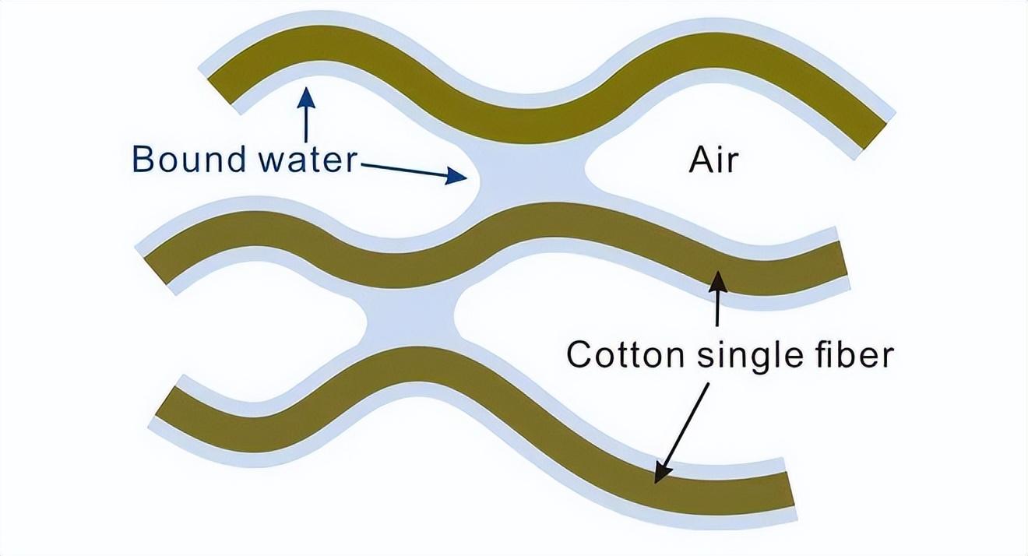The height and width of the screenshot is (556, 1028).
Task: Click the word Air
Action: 713,160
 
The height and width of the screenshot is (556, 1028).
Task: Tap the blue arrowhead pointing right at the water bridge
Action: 456,178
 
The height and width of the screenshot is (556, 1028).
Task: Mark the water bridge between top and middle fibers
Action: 530,178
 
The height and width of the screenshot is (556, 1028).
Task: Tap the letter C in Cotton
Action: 580,354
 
